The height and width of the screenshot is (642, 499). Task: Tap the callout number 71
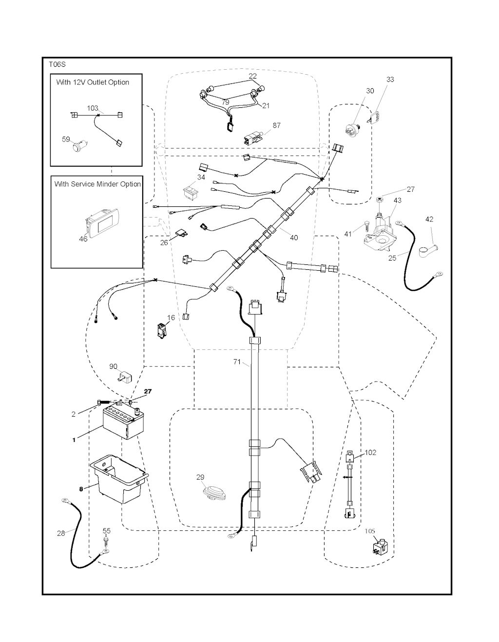click(x=237, y=362)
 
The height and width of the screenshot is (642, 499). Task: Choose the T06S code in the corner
click(x=57, y=64)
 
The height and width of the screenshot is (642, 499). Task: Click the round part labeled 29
click(x=215, y=493)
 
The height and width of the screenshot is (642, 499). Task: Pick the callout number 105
click(x=370, y=531)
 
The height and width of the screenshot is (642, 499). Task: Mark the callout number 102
click(x=370, y=452)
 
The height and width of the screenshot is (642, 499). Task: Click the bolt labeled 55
click(x=106, y=542)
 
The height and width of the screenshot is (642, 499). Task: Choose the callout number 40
click(x=293, y=238)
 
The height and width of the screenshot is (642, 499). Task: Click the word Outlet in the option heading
click(x=96, y=82)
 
